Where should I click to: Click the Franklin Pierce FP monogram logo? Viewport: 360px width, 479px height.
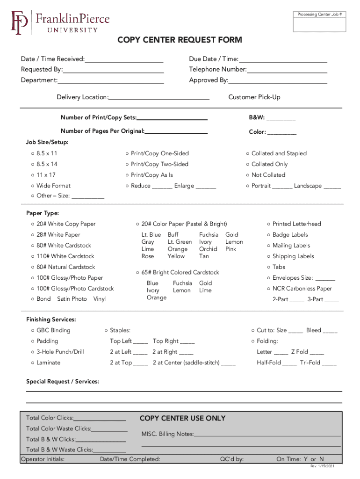[x=19, y=22]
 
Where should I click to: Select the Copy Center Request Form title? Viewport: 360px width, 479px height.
[x=180, y=40]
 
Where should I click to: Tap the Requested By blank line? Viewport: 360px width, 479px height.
[x=113, y=73]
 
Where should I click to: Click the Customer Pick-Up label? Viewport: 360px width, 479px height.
[x=254, y=97]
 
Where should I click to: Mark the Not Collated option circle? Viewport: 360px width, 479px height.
[x=248, y=175]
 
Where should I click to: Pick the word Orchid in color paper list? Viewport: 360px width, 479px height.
[x=208, y=249]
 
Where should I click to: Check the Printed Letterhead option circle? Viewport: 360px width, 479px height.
[x=269, y=224]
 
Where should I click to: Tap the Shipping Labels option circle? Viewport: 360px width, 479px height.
[x=269, y=256]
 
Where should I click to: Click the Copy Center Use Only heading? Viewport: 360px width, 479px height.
[x=182, y=418]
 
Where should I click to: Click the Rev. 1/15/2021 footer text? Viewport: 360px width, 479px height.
[x=322, y=467]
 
